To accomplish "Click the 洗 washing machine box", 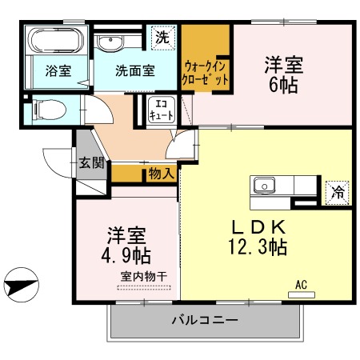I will point(162,37).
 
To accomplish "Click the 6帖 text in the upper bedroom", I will point(284,84).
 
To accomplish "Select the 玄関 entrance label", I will point(90,163).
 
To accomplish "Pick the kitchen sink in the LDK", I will point(264,186).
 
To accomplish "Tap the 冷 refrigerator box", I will point(338,190).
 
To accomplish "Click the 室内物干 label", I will point(144,277).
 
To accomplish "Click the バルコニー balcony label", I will point(204,322).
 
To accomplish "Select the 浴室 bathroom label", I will point(57,70).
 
